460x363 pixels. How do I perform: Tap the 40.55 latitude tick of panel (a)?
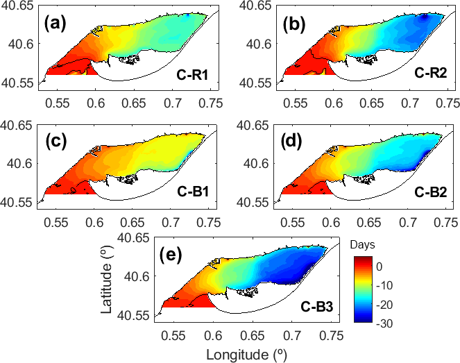point(19,83)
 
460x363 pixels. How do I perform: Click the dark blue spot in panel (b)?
point(425,19)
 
